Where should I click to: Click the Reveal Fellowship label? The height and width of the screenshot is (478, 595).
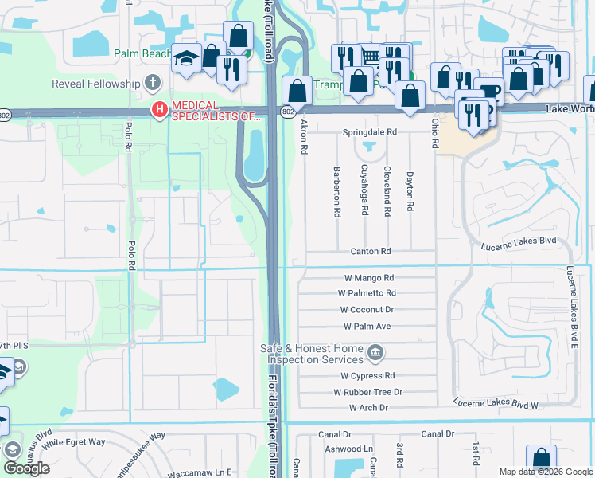coord(95,84)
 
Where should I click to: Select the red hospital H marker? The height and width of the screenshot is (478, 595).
coord(159,110)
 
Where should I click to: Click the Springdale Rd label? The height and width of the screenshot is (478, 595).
coord(369,132)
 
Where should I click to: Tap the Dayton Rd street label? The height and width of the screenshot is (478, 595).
coord(410,191)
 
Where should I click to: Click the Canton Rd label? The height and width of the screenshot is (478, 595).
coord(371,251)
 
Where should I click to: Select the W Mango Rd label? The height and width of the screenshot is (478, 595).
coord(368,278)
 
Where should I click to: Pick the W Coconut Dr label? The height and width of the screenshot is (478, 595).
coord(367,310)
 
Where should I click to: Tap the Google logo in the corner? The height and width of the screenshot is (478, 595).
coord(26,468)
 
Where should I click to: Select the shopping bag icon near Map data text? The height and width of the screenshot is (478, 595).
coord(541,457)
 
